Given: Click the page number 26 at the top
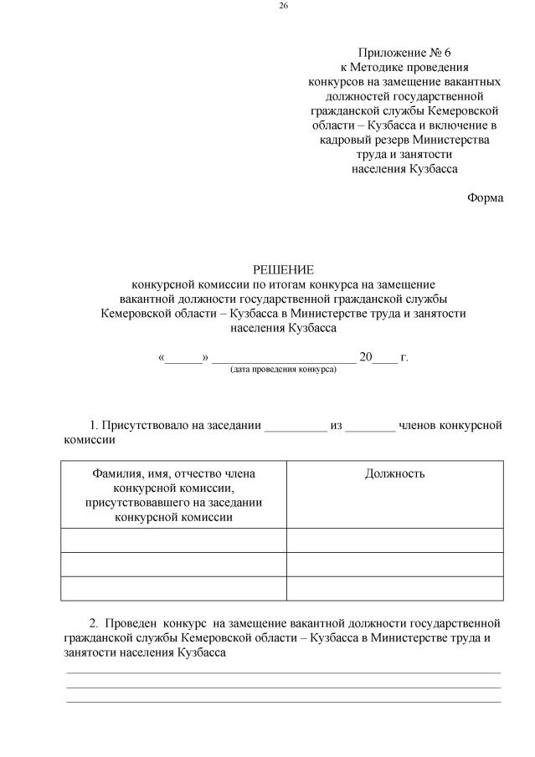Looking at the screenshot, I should coord(283,7).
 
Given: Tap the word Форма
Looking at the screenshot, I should coord(486,198).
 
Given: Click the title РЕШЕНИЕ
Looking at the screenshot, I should coord(283,269).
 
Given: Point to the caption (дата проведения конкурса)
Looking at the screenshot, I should coord(283,369).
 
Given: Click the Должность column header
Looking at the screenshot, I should coord(394,474).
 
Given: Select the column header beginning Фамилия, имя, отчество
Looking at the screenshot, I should coord(173,495).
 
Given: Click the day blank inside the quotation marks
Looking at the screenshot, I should coord(183,358).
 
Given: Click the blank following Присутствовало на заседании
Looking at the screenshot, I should coord(295,426).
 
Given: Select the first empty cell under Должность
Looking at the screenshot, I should coord(394,540).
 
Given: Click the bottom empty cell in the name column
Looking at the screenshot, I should coord(173,588).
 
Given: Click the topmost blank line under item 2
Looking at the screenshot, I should coord(283,672).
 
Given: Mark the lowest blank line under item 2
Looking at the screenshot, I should coord(283,701).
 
